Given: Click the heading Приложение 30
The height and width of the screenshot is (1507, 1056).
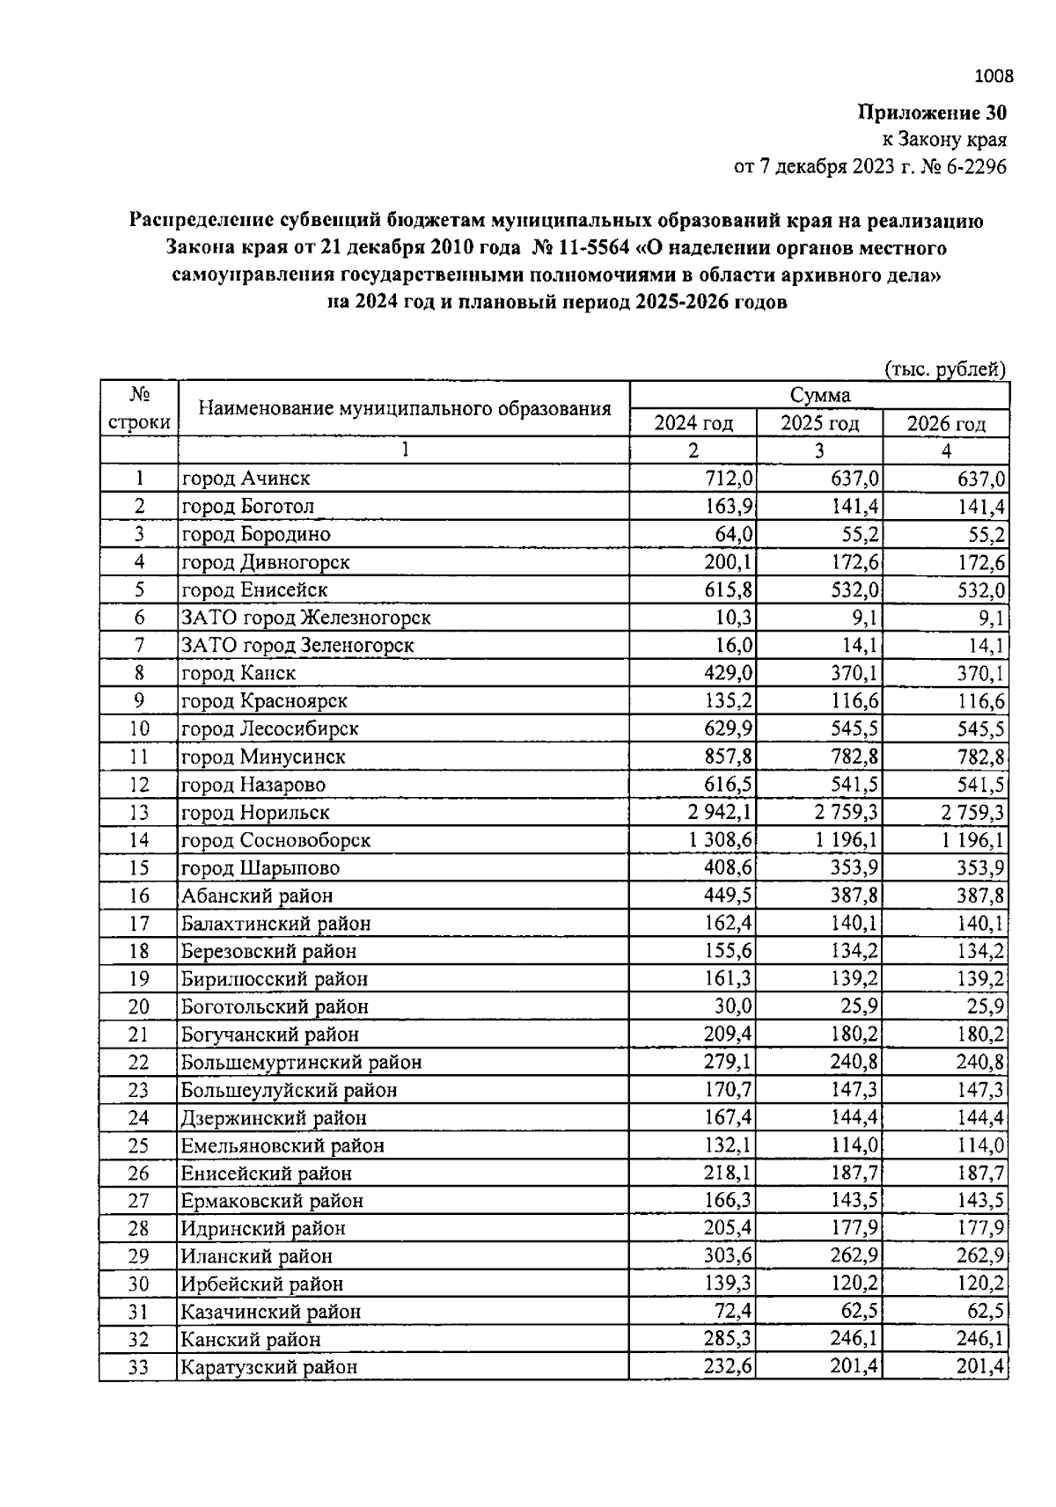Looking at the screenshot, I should pyautogui.click(x=931, y=113).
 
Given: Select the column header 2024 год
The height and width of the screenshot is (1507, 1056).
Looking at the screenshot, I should pyautogui.click(x=693, y=423).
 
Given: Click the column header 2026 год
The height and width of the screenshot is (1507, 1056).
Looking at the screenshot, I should pyautogui.click(x=946, y=423).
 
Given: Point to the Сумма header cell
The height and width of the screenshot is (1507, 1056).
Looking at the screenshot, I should pyautogui.click(x=819, y=395).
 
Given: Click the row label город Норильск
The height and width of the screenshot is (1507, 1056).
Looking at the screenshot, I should pyautogui.click(x=255, y=812).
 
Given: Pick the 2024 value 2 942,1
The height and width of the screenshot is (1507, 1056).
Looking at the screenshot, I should pyautogui.click(x=719, y=812).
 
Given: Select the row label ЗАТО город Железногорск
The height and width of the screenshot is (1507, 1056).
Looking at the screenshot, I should pyautogui.click(x=305, y=618).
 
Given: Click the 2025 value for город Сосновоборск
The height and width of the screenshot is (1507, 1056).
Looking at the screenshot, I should pyautogui.click(x=846, y=840).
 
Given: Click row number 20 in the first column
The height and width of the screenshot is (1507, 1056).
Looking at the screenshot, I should pyautogui.click(x=139, y=1006).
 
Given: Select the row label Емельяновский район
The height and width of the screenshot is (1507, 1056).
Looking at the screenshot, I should pyautogui.click(x=282, y=1145).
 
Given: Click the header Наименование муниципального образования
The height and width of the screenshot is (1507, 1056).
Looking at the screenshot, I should pyautogui.click(x=404, y=408).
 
